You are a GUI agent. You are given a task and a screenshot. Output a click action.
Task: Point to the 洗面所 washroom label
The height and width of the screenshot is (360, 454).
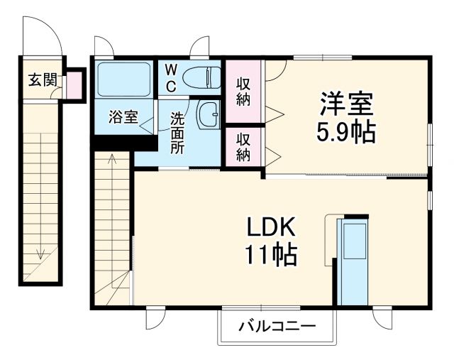pos(177,133)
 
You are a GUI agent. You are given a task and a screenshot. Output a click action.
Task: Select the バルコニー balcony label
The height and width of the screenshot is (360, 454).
pos(277,327)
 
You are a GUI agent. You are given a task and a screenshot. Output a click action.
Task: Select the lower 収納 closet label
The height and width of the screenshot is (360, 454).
pos(243,146)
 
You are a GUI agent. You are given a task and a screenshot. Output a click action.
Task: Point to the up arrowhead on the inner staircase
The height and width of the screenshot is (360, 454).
pos(111,159)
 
